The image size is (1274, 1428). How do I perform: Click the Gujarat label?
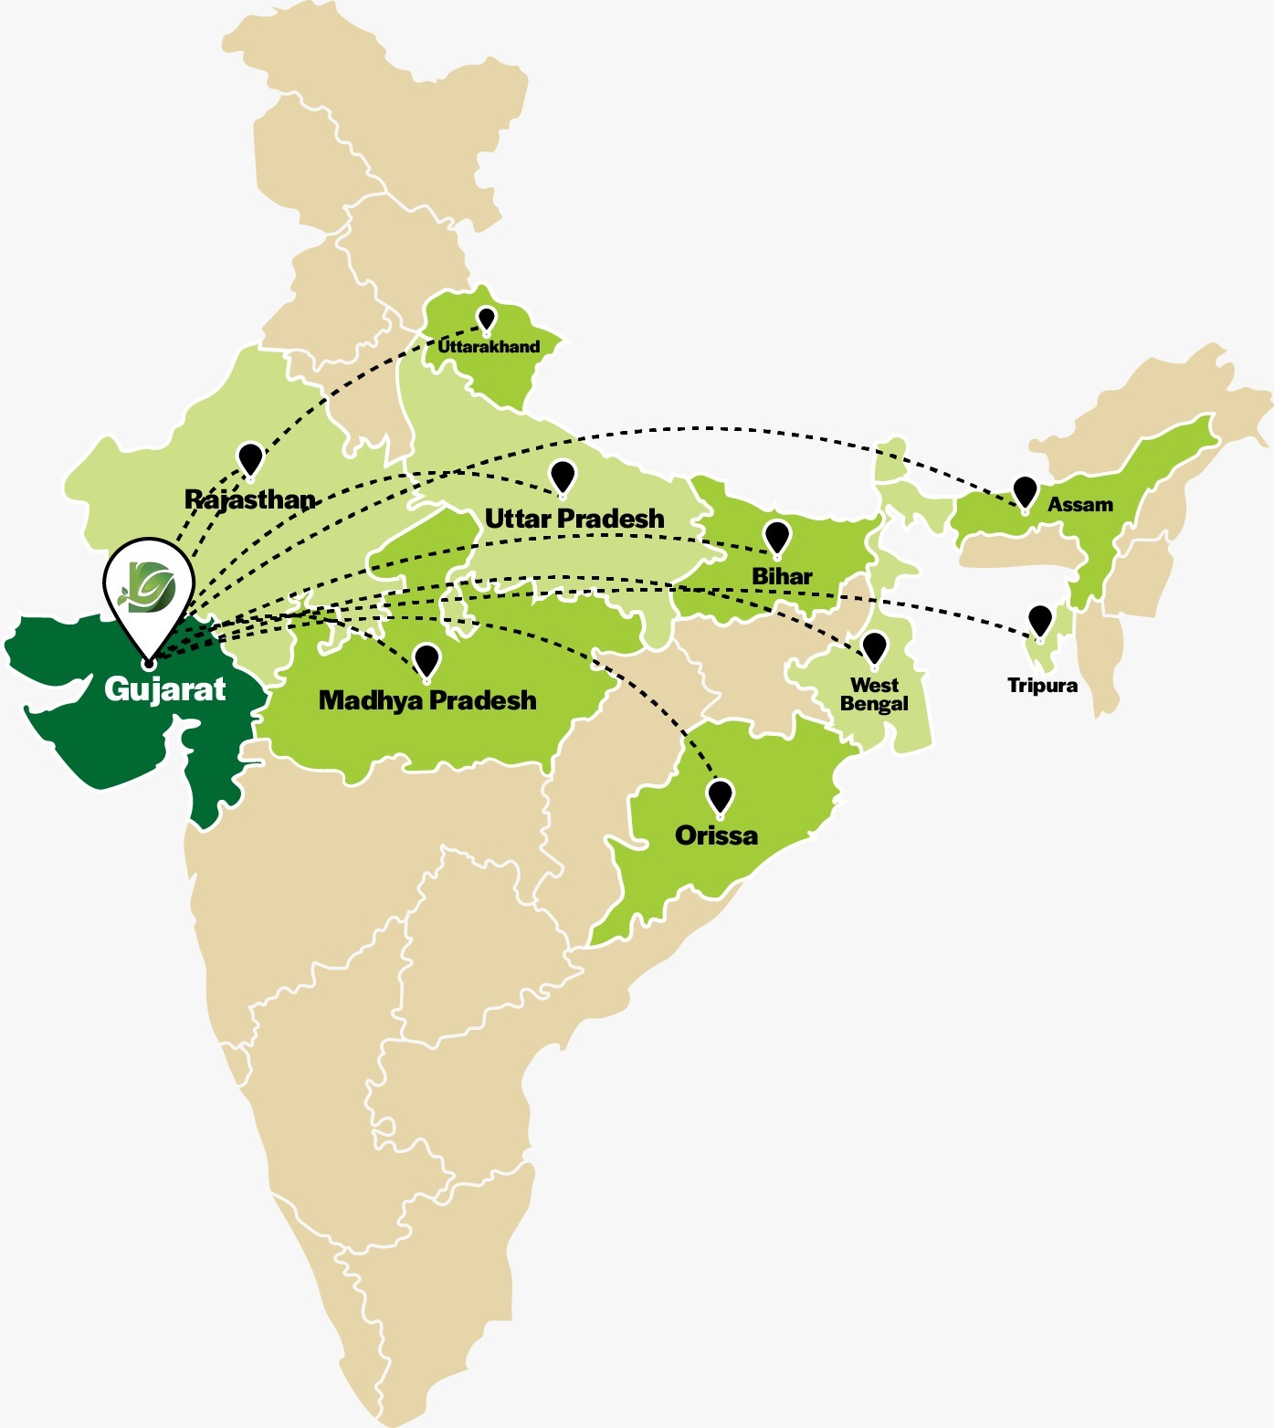164,689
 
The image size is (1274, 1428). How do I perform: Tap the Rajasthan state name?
250,499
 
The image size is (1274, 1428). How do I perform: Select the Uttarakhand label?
489,347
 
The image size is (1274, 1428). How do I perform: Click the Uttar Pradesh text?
574,519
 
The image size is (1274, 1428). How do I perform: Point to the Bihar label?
782,576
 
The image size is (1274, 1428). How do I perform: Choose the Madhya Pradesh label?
427,700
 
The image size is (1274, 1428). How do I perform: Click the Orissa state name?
716,835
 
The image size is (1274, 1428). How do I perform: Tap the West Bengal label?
874,695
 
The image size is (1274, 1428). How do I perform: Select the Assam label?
1080,505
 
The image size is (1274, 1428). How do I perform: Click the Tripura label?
1042,686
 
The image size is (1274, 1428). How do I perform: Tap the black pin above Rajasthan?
250,459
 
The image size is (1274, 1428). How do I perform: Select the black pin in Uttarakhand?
487,319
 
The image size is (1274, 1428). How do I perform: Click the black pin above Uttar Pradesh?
563,477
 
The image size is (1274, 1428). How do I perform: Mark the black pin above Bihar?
776,537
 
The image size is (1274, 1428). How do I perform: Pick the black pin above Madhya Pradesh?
426,659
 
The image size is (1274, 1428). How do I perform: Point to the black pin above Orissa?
721,795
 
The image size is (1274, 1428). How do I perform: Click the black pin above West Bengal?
874,647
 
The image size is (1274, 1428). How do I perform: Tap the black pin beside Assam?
1025,491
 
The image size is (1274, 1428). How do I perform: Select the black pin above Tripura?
1039,620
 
